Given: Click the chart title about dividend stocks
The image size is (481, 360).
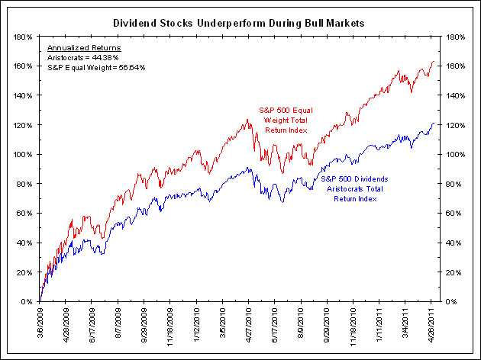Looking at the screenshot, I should tap(240, 23).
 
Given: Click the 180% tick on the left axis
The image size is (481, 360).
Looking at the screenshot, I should tap(22, 36).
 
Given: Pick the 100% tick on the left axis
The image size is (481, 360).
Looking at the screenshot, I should tap(22, 154).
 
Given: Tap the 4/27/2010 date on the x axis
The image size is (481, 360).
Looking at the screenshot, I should tap(249, 322).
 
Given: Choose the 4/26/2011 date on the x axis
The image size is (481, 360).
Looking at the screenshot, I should tap(432, 322).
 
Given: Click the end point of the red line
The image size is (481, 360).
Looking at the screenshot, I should tap(434, 62).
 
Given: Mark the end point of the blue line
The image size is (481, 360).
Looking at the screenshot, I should tap(434, 123).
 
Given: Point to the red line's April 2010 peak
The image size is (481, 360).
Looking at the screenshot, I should tap(247, 119).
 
